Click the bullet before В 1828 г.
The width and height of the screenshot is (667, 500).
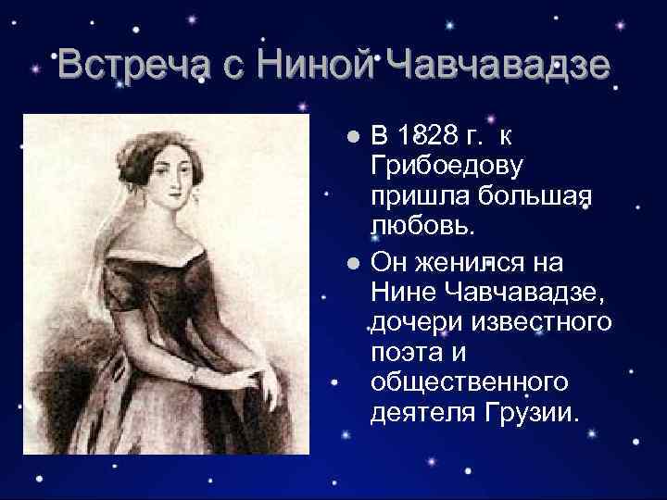353,137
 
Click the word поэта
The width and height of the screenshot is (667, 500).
404,353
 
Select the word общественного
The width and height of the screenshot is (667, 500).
469,382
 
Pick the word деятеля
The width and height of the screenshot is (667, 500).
422,413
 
